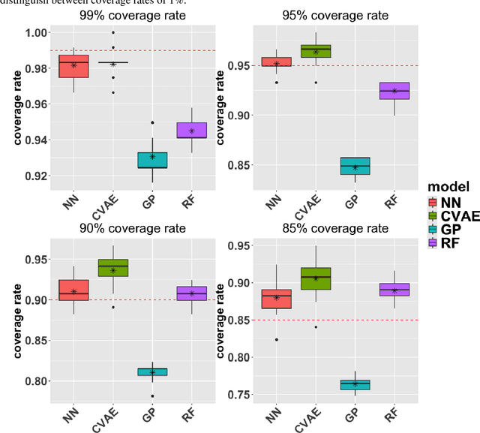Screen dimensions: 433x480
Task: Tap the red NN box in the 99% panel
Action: [x=73, y=66]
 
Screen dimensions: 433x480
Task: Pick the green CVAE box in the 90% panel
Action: [x=113, y=268]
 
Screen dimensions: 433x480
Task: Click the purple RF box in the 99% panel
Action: [x=191, y=131]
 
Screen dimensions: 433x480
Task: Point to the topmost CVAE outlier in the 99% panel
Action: [x=113, y=32]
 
